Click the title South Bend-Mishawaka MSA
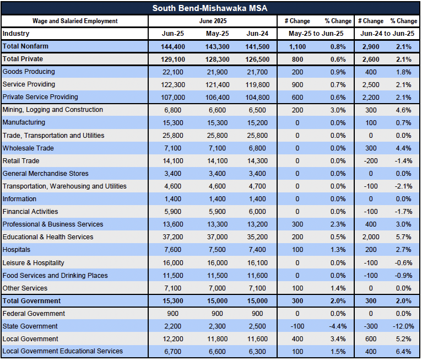coord(210,8)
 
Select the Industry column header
coord(16,34)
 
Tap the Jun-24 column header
coord(257,34)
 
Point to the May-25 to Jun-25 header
coord(316,34)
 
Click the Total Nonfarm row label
coord(25,46)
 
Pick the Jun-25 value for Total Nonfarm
coord(173,46)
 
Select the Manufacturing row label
coord(24,122)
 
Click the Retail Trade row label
coord(21,161)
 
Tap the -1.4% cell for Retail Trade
coord(403,161)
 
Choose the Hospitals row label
coord(17,250)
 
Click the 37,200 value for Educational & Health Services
coord(173,237)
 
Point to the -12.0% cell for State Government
coord(403,326)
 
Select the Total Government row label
coord(31,301)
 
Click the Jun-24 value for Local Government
coord(257,339)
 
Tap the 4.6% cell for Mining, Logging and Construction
coord(403,110)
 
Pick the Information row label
coord(19,199)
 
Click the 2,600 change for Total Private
coord(371,59)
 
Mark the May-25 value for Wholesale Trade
coord(217,148)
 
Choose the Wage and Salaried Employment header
coord(75,21)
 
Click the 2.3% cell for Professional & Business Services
coord(338,224)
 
